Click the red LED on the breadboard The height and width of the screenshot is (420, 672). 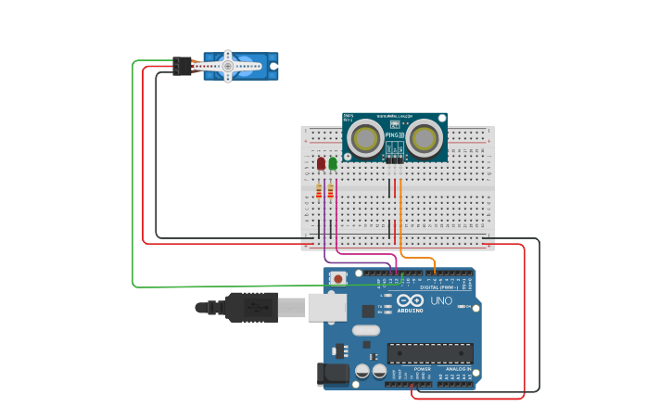(321, 163)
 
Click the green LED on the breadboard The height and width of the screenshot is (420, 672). (333, 163)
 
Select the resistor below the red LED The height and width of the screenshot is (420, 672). (319, 191)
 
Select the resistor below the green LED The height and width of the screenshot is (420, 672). (331, 191)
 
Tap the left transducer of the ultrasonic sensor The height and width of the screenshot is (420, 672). (364, 139)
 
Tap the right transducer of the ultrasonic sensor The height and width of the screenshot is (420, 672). (424, 139)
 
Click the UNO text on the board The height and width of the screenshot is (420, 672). (441, 300)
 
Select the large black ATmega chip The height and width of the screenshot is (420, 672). (430, 353)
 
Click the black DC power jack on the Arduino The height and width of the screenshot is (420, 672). (332, 375)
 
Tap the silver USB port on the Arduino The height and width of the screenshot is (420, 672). (326, 307)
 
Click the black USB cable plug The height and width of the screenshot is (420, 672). (250, 307)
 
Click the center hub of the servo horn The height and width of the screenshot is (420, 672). (227, 66)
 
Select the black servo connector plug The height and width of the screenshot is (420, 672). (182, 66)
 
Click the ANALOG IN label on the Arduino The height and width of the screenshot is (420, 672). (457, 368)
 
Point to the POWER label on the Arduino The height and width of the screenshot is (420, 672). (422, 368)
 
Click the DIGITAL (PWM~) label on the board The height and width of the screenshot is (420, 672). (437, 286)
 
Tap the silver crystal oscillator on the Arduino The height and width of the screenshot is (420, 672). (366, 330)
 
